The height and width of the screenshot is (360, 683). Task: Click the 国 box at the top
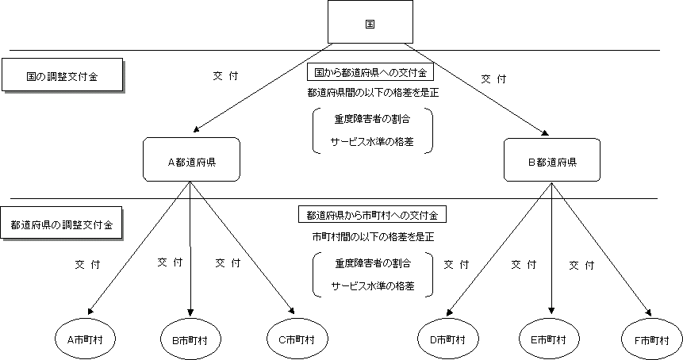[370, 21]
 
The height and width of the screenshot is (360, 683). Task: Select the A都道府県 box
[191, 160]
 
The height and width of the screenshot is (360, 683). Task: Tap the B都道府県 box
[551, 160]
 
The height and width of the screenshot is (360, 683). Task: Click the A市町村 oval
[91, 339]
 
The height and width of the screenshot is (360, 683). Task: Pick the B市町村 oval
[190, 339]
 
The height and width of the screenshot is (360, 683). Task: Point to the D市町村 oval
[441, 339]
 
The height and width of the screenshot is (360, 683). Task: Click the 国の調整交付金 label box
[62, 77]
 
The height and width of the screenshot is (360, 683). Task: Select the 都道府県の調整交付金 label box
[62, 224]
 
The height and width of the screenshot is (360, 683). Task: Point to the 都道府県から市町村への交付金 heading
[372, 215]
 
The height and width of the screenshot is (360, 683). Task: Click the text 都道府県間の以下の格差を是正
[373, 92]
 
